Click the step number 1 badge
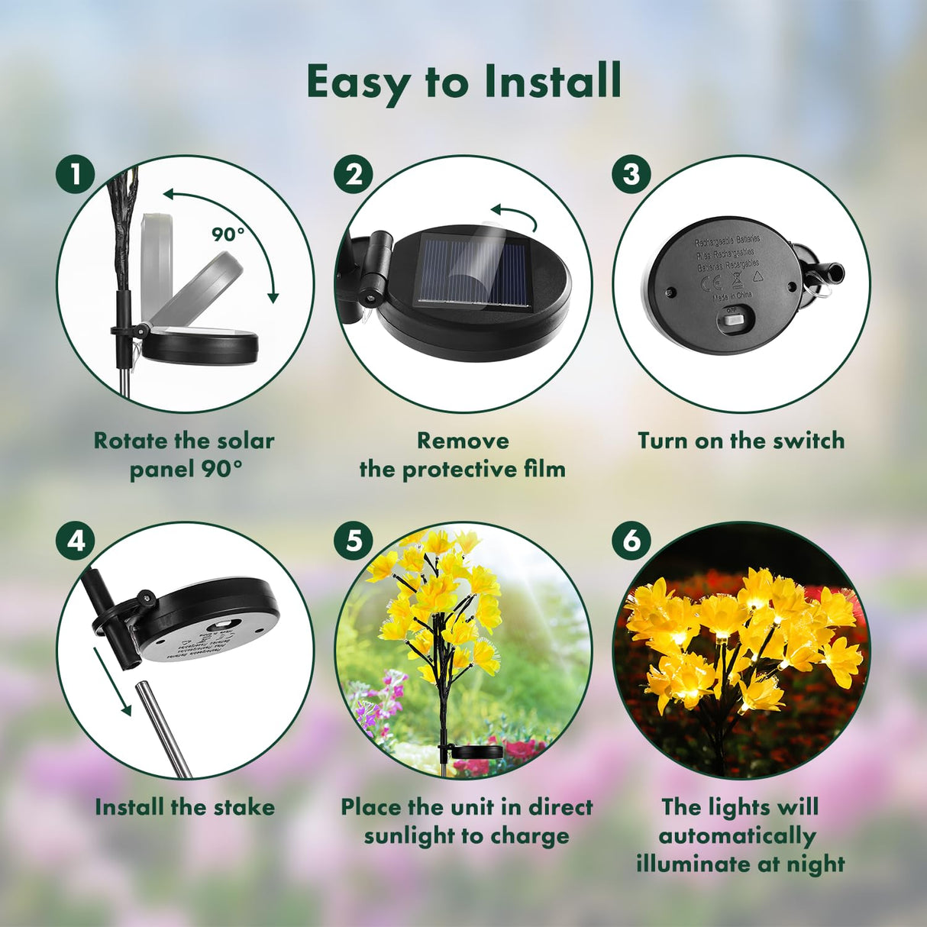(x=75, y=175)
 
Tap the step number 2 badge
(x=353, y=175)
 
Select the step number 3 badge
(x=631, y=175)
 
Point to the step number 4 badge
(x=75, y=541)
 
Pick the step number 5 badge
(x=353, y=541)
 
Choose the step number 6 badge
(x=631, y=541)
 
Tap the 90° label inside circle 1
(x=228, y=234)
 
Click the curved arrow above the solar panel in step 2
(x=515, y=215)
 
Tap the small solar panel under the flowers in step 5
(x=477, y=751)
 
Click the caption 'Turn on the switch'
(x=741, y=441)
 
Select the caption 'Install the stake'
(x=185, y=807)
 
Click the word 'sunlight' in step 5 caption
(x=410, y=836)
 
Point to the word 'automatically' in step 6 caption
(x=737, y=836)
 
